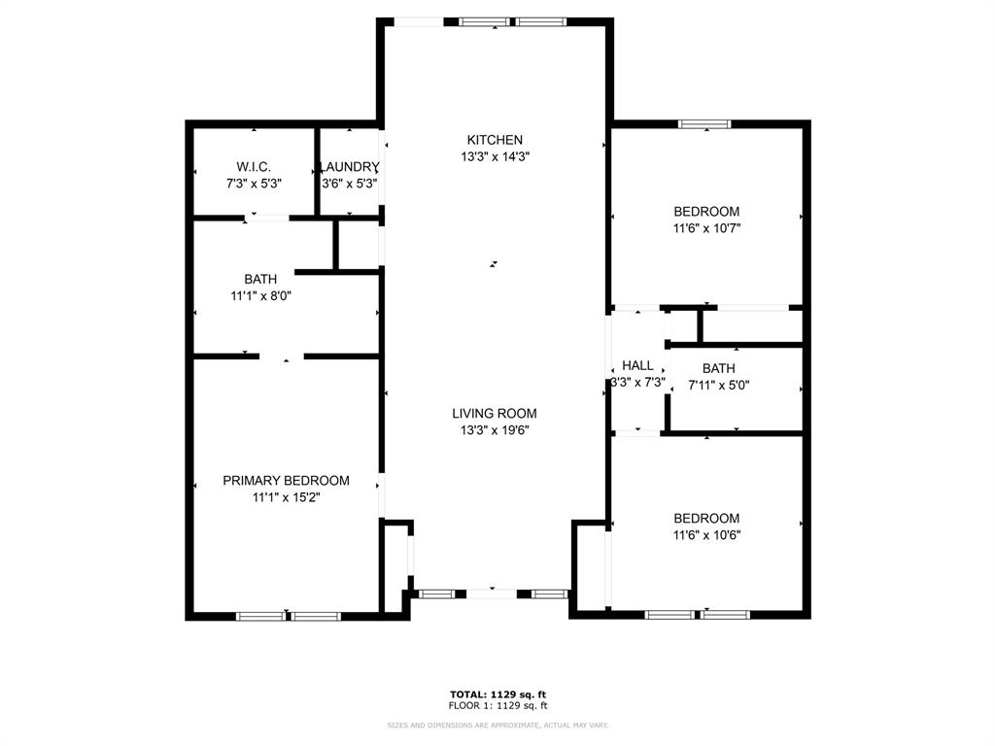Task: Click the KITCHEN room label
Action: (x=495, y=140)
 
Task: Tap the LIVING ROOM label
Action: (x=495, y=413)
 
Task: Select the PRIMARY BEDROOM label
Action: (x=286, y=480)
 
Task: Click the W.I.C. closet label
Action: (x=254, y=166)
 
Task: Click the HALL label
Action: (x=637, y=365)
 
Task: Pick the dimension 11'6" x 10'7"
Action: (x=706, y=228)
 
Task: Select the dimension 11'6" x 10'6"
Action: (x=706, y=534)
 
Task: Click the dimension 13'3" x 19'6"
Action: (x=495, y=429)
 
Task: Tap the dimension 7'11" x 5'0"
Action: (x=718, y=384)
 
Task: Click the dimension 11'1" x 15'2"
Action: (x=286, y=496)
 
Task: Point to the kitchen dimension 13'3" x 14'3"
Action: (x=495, y=156)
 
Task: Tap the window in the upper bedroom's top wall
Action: (x=703, y=123)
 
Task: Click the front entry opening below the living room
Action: (x=492, y=593)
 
